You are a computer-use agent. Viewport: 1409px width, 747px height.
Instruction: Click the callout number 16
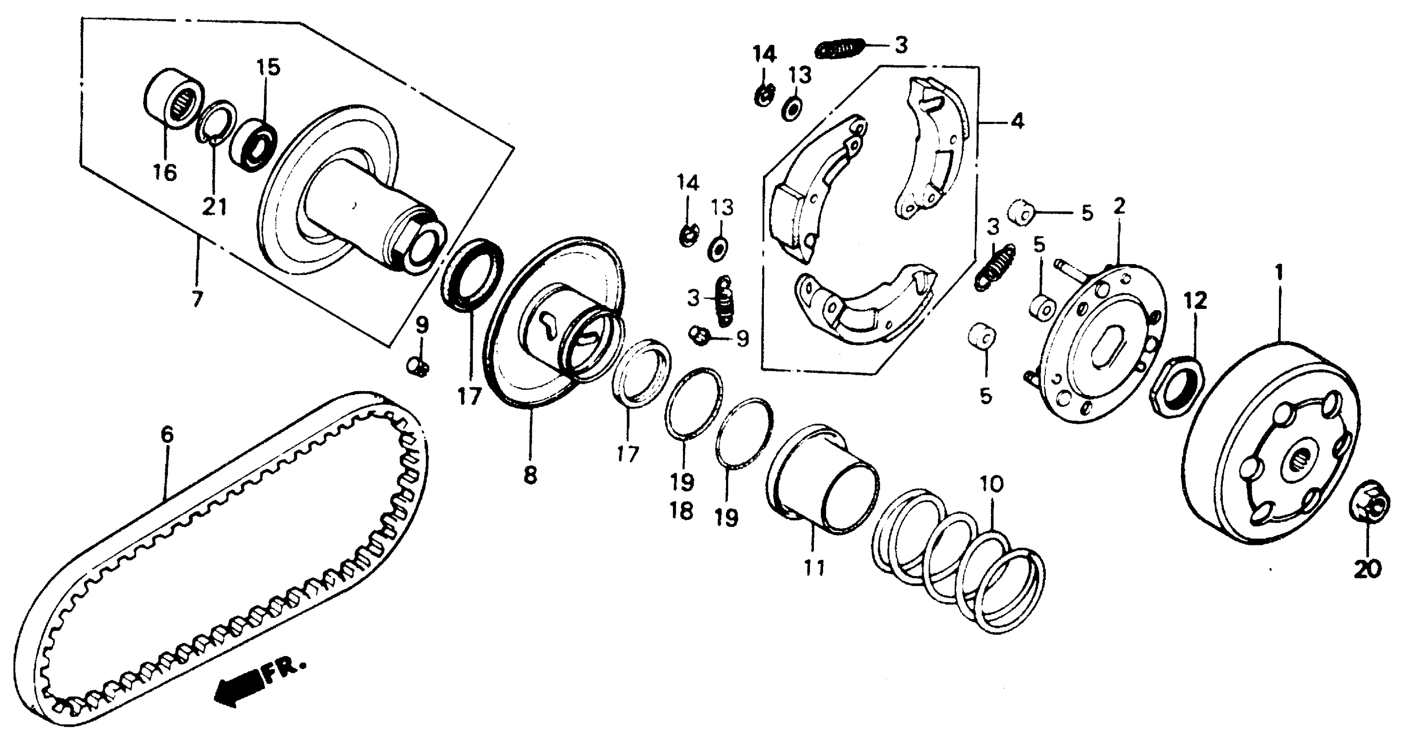coord(164,173)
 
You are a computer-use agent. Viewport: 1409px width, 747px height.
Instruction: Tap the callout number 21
coord(214,207)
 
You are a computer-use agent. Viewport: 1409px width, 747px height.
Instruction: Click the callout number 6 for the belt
coord(167,435)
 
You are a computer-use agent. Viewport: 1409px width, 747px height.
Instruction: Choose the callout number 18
coord(682,511)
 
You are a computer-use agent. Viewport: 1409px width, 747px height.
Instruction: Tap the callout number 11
coord(813,568)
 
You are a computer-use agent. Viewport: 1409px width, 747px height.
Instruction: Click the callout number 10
coord(992,484)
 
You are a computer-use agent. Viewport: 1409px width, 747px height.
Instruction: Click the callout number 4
coord(1017,121)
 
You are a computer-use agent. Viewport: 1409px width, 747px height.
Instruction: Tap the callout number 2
coord(1119,207)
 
